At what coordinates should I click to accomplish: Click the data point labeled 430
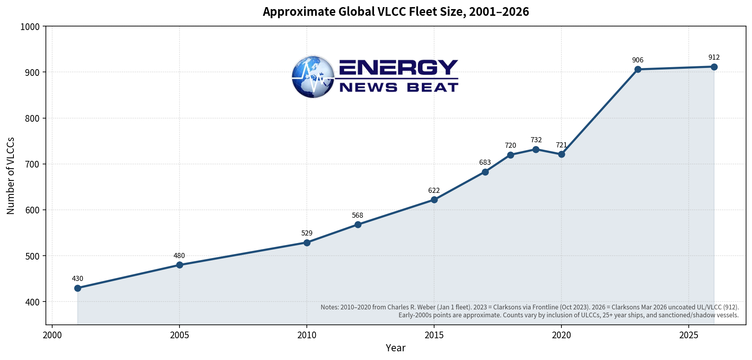click(x=77, y=288)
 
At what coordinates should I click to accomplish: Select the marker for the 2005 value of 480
click(x=179, y=265)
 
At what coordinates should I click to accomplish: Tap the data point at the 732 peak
click(x=536, y=149)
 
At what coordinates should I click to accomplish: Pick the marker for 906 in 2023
click(x=638, y=70)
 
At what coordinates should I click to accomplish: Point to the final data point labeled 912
click(x=714, y=67)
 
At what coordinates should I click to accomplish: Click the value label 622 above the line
click(x=434, y=190)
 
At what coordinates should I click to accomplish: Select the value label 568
click(x=357, y=215)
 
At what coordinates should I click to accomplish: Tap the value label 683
click(x=485, y=162)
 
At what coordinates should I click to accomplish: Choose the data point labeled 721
click(x=561, y=154)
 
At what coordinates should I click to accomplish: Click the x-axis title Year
click(x=396, y=348)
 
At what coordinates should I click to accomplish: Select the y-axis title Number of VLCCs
click(x=11, y=176)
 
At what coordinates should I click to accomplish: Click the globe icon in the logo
click(x=313, y=77)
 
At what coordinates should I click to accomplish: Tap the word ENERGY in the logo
click(x=399, y=68)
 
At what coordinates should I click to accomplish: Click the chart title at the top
click(x=396, y=12)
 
